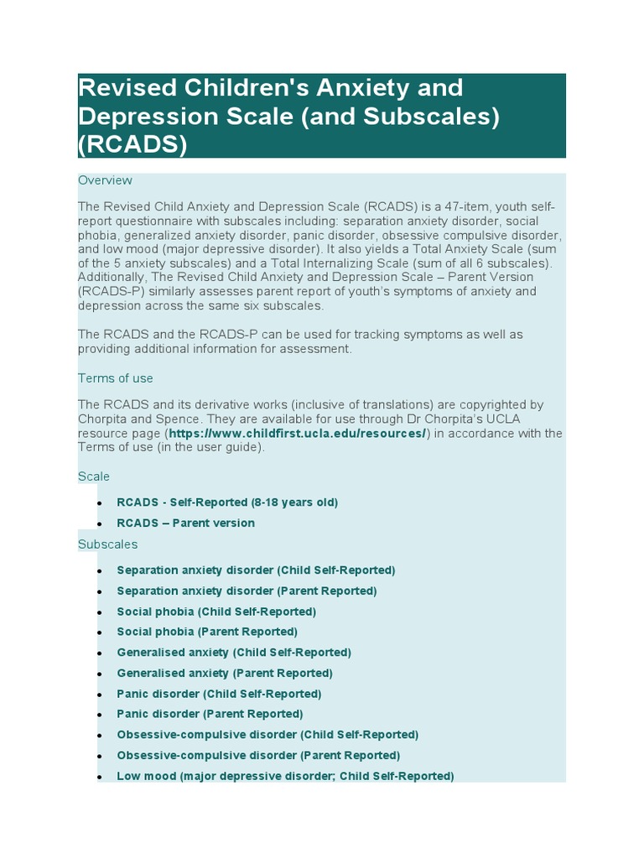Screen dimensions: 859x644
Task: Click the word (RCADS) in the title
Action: [x=132, y=144]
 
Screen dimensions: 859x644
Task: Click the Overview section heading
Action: [x=105, y=180]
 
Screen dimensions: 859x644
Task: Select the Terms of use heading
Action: [x=116, y=378]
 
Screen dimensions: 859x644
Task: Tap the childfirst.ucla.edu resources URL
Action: [x=298, y=433]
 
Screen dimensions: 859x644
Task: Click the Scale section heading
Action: [x=94, y=476]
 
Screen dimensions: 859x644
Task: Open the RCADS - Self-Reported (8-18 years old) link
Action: [x=227, y=502]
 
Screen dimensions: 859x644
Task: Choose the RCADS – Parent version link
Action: [x=185, y=523]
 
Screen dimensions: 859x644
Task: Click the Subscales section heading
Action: [x=107, y=544]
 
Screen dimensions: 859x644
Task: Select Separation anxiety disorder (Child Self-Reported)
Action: [x=256, y=570]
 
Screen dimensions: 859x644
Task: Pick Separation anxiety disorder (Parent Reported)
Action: [x=247, y=591]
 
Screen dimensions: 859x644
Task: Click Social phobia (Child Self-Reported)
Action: [x=216, y=612]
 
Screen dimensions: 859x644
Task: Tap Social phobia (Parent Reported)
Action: [x=207, y=632]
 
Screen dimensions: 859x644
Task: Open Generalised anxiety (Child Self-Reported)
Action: [x=234, y=652]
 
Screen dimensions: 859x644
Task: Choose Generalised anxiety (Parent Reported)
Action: [x=225, y=673]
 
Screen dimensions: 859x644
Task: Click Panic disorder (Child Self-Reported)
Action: [x=219, y=694]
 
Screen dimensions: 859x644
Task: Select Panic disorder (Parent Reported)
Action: [x=210, y=714]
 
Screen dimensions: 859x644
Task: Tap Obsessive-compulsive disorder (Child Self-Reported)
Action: [x=267, y=735]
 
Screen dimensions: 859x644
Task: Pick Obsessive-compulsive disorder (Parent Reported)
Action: [x=258, y=755]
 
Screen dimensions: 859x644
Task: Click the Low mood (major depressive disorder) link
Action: [x=285, y=776]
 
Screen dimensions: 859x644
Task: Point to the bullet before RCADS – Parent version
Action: [x=100, y=524]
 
